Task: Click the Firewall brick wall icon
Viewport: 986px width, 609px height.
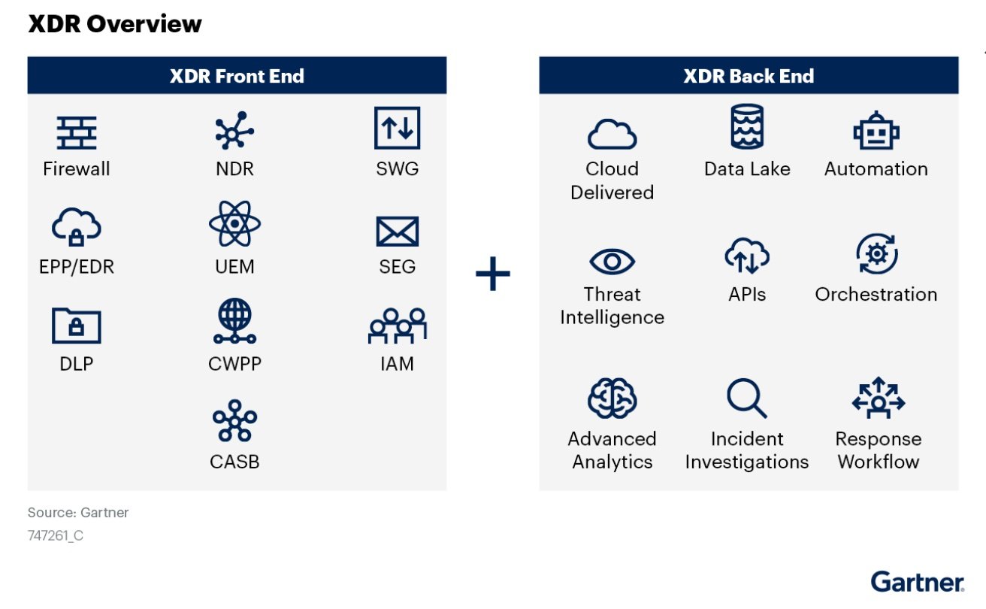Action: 77,132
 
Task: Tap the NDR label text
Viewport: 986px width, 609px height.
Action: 234,168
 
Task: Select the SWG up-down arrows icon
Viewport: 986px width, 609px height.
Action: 397,128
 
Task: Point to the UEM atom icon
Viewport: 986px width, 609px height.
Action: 234,223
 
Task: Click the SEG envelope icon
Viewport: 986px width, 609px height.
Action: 397,231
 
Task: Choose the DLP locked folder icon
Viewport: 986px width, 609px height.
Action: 76,325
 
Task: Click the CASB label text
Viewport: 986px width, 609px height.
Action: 234,462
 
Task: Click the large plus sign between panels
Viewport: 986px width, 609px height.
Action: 493,275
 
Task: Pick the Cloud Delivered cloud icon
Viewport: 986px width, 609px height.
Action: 612,135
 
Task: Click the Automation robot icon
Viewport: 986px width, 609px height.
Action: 876,132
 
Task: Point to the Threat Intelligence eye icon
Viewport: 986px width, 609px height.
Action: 612,262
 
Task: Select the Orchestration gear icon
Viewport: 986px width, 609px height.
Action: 876,255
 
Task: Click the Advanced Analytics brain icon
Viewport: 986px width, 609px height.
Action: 612,398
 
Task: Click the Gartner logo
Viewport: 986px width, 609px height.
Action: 917,581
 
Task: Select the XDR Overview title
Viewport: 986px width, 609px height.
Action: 115,24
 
